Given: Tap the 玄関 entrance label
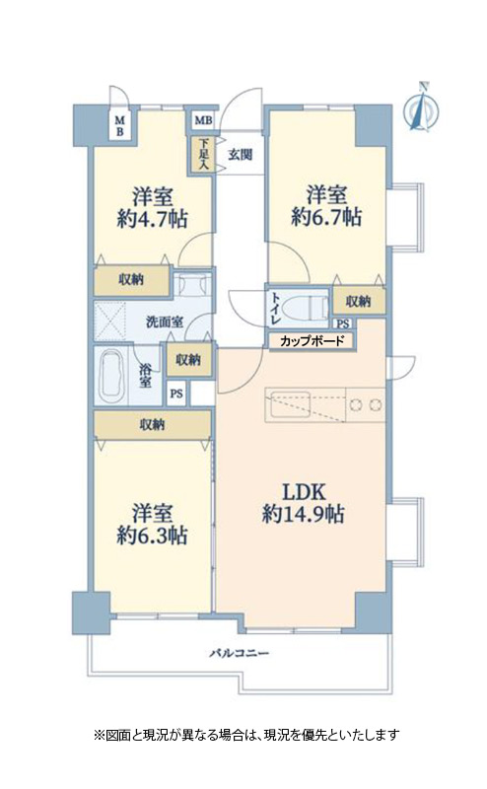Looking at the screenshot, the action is point(240,155).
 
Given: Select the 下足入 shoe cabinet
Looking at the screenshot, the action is point(203,154).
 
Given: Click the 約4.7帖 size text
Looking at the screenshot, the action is point(153,219).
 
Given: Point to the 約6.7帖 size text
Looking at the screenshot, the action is point(326,217).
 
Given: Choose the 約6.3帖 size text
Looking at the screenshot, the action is point(153,536).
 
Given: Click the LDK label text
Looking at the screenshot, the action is point(304,490).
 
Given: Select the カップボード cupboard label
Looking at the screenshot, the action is point(312,341).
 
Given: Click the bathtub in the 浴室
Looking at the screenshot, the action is point(111,377).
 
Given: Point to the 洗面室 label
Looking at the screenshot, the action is point(165,322).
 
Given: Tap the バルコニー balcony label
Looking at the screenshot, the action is point(239,654).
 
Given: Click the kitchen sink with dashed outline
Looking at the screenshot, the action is point(305,403).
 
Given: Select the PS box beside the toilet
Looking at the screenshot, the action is point(343,324).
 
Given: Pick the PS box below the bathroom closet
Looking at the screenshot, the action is point(176,394).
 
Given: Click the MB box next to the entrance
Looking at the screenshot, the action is point(203,120).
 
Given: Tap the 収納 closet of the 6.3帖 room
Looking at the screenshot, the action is point(152,424).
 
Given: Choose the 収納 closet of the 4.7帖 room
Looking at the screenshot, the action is point(131,280).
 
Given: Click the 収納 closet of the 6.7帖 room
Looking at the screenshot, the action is point(358,301).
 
